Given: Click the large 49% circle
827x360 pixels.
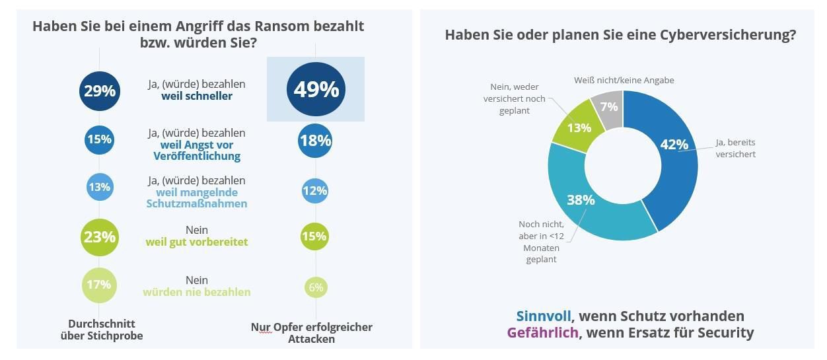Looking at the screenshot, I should tap(316, 89).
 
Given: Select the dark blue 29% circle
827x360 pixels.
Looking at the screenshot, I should tap(99, 90).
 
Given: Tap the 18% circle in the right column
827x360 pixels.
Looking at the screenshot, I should tap(315, 140).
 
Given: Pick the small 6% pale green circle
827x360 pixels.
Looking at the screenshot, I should tap(316, 287).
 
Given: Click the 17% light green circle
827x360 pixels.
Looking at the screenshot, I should tap(100, 285).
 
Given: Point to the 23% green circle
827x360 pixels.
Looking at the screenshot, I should tap(100, 236).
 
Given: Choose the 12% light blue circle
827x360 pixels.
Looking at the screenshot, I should tap(315, 191).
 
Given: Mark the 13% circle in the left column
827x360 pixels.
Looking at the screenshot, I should tap(99, 187).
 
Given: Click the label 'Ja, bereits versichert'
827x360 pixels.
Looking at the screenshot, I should tap(735, 148).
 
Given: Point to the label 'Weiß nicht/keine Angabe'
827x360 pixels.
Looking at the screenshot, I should tap(624, 80).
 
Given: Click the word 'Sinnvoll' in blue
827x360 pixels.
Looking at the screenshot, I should tap(543, 316).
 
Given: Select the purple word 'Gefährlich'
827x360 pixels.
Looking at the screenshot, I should tap(542, 332).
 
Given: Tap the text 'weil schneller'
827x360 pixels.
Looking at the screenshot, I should tap(196, 96).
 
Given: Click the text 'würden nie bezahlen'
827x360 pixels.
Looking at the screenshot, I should tap(196, 291).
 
